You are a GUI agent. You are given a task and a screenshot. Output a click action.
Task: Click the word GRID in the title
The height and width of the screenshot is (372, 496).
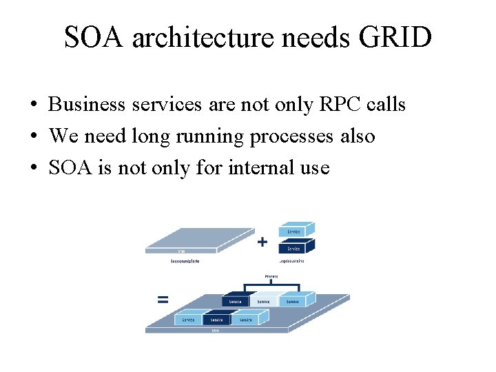click(x=395, y=37)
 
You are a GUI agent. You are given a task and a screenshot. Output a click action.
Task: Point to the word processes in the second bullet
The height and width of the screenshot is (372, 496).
click(x=292, y=136)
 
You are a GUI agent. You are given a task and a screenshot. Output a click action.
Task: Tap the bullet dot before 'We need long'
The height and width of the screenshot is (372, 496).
click(x=33, y=137)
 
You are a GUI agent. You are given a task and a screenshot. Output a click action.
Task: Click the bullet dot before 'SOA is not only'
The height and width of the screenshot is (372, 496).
click(x=33, y=168)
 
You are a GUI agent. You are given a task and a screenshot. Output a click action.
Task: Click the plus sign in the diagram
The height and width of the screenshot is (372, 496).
click(x=262, y=242)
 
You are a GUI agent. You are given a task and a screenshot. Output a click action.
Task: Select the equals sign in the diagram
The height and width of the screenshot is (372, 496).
click(x=163, y=300)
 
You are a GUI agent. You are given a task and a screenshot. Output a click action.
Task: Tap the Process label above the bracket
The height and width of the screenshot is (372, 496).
click(x=270, y=277)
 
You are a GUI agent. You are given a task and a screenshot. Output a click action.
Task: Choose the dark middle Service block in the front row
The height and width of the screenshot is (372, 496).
click(x=216, y=320)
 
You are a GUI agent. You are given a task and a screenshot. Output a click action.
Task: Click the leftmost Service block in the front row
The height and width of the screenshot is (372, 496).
click(x=187, y=320)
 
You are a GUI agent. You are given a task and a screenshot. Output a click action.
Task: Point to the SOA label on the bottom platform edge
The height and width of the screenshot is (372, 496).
click(x=216, y=331)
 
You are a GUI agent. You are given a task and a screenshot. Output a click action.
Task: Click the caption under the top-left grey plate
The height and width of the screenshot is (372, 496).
click(x=180, y=261)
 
